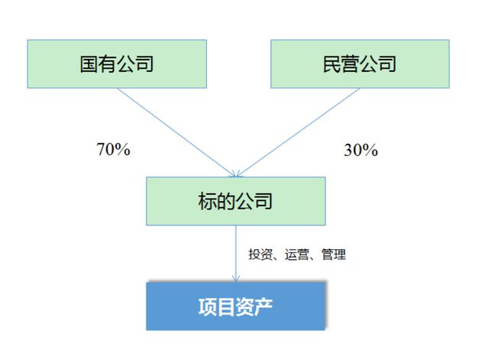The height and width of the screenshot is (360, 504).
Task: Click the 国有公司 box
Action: (117, 63)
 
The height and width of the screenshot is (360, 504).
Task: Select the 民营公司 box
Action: (360, 63)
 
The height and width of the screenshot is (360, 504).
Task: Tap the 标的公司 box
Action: (236, 201)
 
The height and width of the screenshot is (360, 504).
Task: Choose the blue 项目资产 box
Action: (236, 306)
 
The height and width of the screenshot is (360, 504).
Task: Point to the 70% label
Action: (114, 149)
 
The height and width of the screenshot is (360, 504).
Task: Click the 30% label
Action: (361, 150)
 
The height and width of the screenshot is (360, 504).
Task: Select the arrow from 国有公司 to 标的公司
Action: (176, 132)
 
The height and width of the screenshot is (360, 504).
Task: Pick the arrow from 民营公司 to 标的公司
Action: (298, 132)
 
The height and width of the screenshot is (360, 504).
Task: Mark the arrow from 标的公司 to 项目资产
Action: (236, 254)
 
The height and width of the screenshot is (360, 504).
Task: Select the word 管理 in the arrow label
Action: (334, 255)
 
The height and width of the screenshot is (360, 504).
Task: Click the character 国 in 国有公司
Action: (89, 63)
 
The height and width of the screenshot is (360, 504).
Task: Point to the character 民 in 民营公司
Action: (331, 63)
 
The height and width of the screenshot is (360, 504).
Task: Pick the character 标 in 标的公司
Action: (208, 201)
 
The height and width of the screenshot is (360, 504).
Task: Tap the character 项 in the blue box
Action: (208, 306)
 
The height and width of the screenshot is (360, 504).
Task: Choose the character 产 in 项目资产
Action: (263, 306)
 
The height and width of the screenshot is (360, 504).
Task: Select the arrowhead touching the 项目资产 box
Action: (236, 279)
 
